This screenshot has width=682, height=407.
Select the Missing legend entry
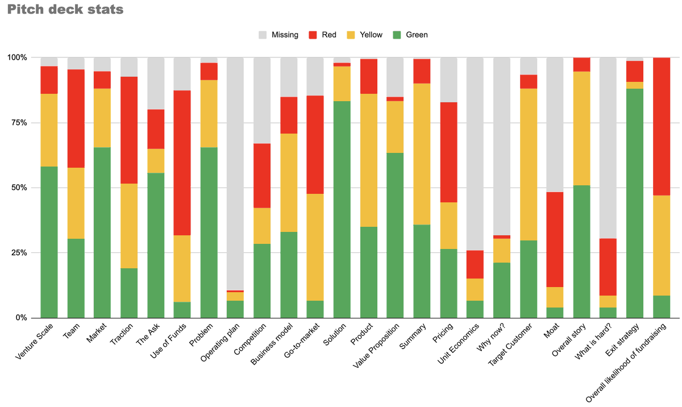278,35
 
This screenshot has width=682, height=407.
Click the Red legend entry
323,35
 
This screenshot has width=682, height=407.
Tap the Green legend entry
410,35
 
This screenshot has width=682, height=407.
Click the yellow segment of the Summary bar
422,154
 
